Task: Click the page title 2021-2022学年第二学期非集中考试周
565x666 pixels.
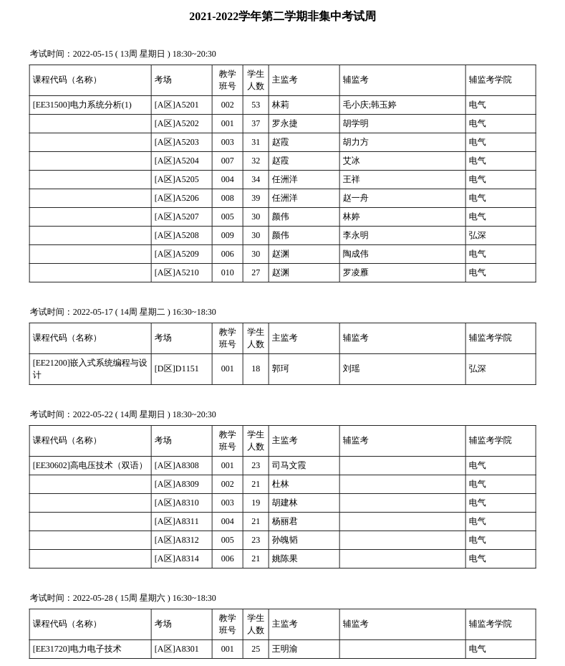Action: tap(282, 16)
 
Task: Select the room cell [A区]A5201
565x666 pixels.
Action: tap(176, 105)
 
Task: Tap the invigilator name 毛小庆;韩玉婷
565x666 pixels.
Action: tap(369, 105)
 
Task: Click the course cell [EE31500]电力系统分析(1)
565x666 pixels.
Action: tap(82, 105)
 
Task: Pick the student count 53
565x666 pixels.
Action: tap(256, 105)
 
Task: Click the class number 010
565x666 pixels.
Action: tap(227, 273)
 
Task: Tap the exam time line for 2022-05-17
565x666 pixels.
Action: tap(122, 313)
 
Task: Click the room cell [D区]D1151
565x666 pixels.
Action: tap(176, 369)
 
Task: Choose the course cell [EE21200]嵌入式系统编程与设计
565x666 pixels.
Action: tap(90, 369)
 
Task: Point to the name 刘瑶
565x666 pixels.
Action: tap(351, 369)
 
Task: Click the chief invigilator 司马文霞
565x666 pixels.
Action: tap(289, 466)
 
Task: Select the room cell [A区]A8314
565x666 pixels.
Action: tap(176, 559)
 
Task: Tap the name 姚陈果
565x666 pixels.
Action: tap(284, 559)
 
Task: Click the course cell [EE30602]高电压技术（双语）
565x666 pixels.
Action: tap(89, 466)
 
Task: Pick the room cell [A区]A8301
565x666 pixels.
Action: tap(176, 650)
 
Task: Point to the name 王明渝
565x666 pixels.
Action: tap(284, 650)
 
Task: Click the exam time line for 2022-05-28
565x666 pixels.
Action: tap(122, 599)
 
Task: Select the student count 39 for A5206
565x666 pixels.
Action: tap(256, 199)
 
